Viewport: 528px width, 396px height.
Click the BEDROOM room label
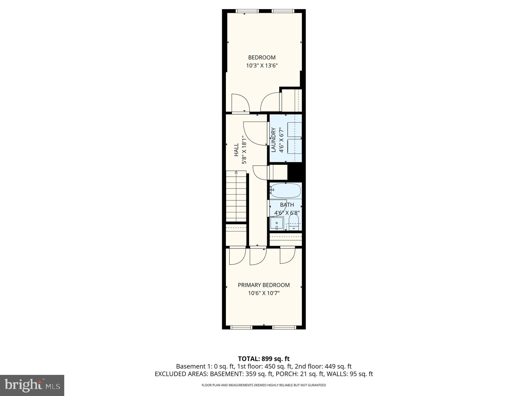pyautogui.click(x=262, y=57)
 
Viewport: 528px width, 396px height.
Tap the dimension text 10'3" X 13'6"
pyautogui.click(x=262, y=66)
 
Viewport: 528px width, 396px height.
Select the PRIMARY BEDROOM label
pyautogui.click(x=264, y=285)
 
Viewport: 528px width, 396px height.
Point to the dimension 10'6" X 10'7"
pyautogui.click(x=264, y=293)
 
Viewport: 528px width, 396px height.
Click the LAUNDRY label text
pyautogui.click(x=273, y=140)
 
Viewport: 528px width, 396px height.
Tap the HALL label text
pyautogui.click(x=236, y=150)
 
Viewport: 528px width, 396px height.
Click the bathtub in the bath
pyautogui.click(x=285, y=190)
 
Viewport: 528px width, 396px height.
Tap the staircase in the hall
pyautogui.click(x=236, y=197)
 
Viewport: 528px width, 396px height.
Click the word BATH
pyautogui.click(x=287, y=205)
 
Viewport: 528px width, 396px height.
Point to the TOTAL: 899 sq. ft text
pyautogui.click(x=264, y=359)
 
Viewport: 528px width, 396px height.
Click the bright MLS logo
pyautogui.click(x=32, y=385)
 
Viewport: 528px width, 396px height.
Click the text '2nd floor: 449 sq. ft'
pyautogui.click(x=323, y=366)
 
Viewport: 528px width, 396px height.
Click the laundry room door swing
pyautogui.click(x=255, y=133)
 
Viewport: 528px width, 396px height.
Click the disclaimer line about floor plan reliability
pyautogui.click(x=264, y=385)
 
